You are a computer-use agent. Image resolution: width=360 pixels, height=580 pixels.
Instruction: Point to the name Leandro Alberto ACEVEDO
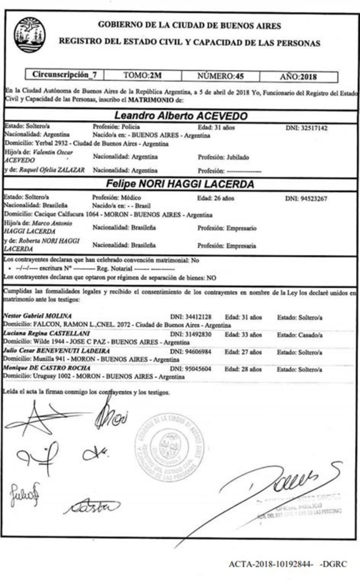pyautogui.click(x=181, y=116)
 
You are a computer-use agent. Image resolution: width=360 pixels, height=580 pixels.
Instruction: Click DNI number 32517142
pyautogui.click(x=306, y=128)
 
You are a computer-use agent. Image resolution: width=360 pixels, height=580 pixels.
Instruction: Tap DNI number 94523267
pyautogui.click(x=306, y=198)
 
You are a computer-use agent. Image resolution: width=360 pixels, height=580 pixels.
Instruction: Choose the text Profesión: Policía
pyautogui.click(x=116, y=127)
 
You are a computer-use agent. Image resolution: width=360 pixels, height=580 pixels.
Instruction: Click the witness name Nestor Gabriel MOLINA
pyautogui.click(x=37, y=316)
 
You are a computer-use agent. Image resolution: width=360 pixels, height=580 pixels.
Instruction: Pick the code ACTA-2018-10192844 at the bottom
pyautogui.click(x=270, y=565)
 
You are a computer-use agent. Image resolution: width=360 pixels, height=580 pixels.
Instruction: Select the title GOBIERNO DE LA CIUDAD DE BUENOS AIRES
pyautogui.click(x=189, y=26)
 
